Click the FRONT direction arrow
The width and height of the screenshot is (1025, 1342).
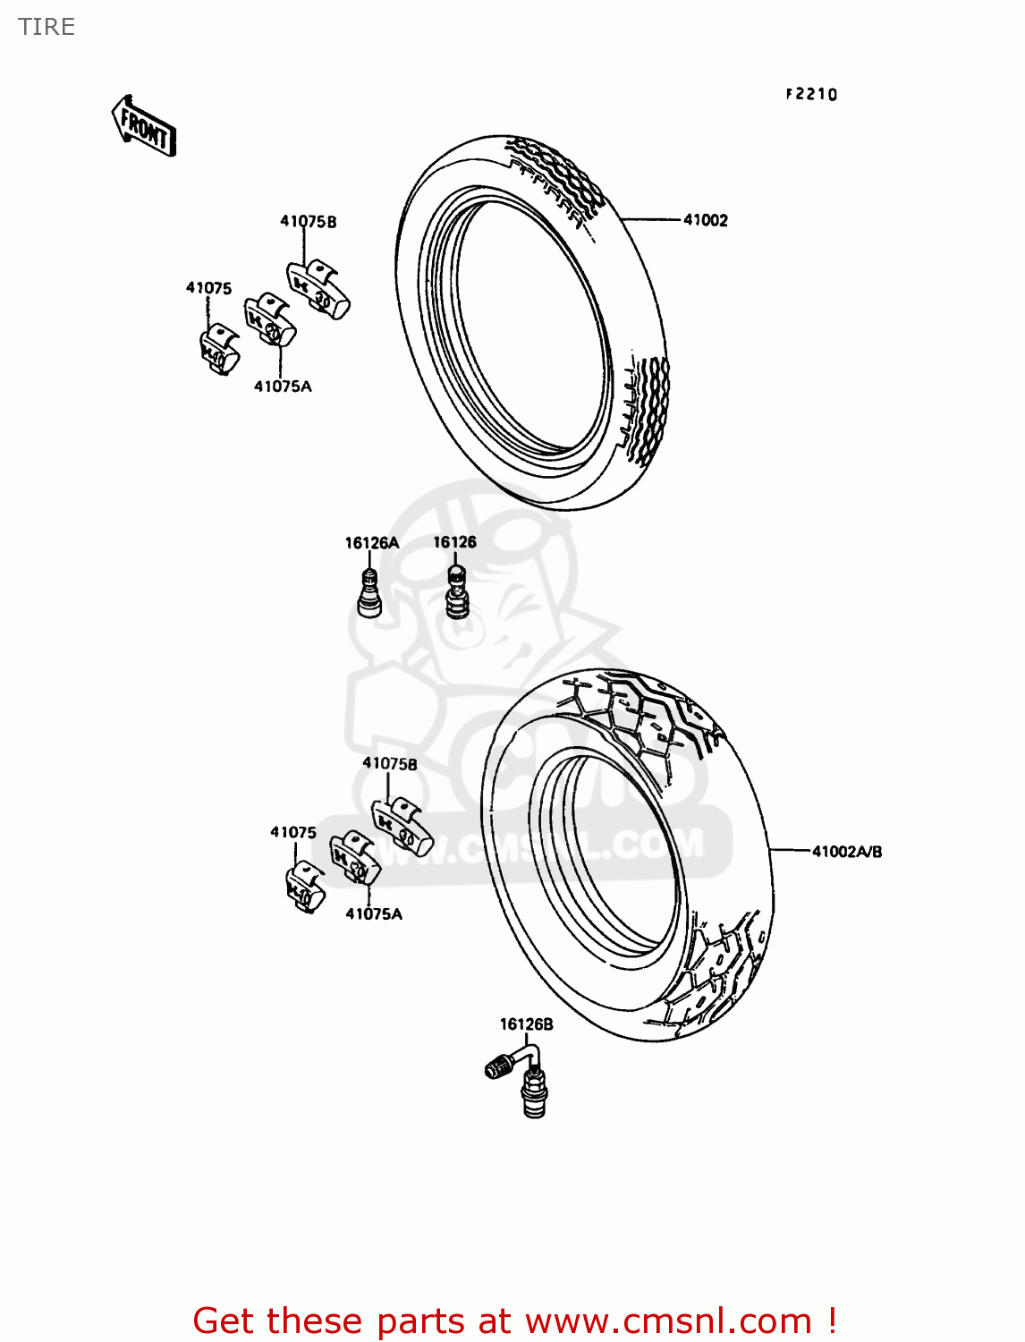coord(143,126)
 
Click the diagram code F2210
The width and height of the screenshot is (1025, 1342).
coord(811,94)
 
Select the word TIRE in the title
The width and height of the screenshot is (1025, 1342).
coord(47,27)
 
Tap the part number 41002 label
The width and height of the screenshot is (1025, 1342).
coord(705,220)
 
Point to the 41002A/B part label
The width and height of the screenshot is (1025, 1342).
coord(846,852)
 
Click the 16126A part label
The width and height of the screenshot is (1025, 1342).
coord(371,543)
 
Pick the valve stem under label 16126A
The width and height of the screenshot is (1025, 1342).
coord(368,593)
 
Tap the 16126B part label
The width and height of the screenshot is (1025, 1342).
coord(526,1024)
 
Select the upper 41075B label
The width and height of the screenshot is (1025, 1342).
coord(309,222)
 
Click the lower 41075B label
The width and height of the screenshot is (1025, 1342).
coord(389,764)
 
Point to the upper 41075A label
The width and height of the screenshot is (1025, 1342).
coord(283,386)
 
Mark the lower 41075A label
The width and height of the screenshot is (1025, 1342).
coord(374,913)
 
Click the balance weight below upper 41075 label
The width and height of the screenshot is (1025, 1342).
coord(218,350)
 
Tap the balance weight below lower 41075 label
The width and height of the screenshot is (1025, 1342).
coord(304,886)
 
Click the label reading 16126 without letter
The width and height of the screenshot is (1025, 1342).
coord(454,542)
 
